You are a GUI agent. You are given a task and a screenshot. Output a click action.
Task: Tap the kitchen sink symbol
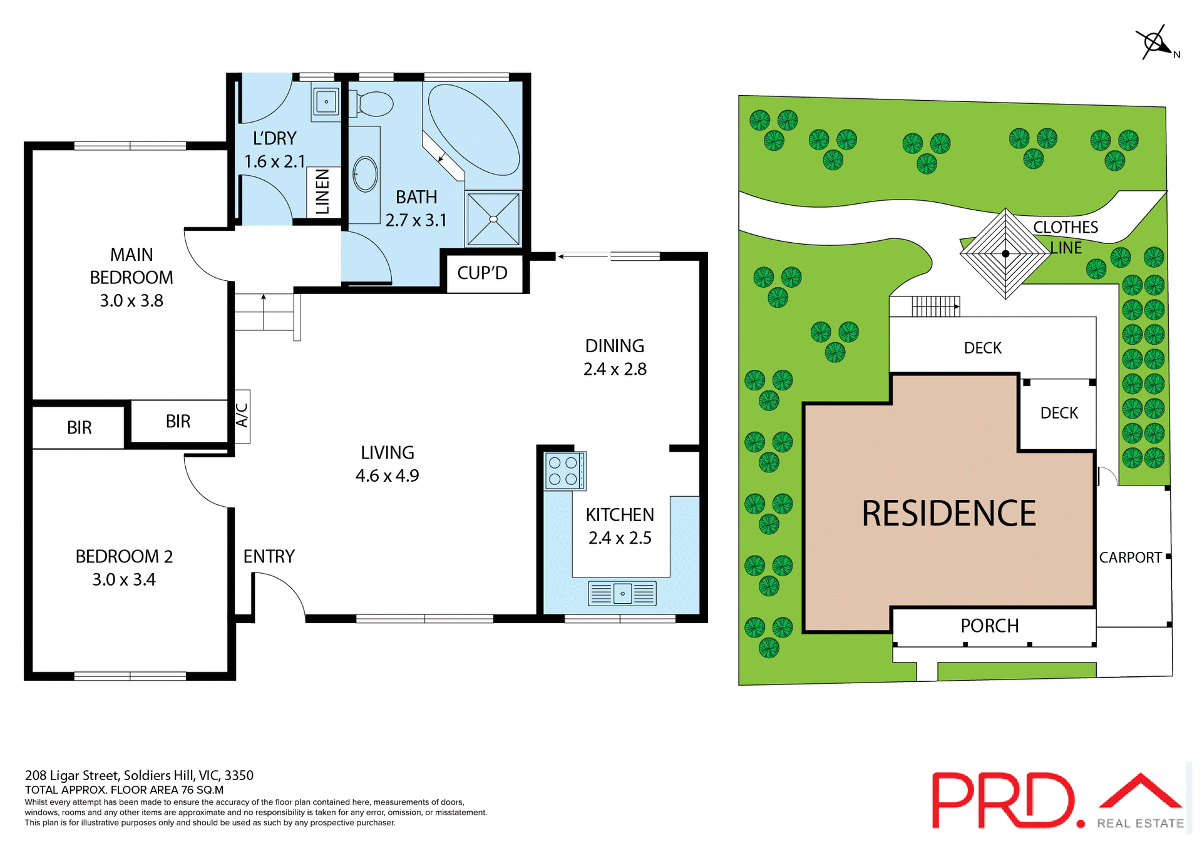pyautogui.click(x=622, y=592)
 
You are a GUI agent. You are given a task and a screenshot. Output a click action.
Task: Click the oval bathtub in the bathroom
pyautogui.click(x=474, y=129)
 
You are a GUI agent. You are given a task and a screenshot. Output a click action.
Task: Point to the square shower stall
pyautogui.click(x=493, y=219)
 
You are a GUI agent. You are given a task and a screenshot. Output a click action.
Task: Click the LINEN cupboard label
pyautogui.click(x=323, y=191)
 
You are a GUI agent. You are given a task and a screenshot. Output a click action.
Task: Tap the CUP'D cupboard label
pyautogui.click(x=482, y=273)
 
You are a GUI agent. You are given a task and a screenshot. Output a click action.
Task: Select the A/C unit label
pyautogui.click(x=242, y=415)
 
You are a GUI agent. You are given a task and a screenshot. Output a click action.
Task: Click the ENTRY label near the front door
pyautogui.click(x=269, y=556)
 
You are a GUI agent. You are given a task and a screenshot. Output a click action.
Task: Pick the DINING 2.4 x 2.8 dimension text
pyautogui.click(x=615, y=369)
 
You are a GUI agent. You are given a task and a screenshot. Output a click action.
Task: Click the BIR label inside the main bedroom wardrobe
pyautogui.click(x=178, y=422)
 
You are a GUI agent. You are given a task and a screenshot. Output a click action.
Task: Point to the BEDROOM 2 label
pyautogui.click(x=124, y=556)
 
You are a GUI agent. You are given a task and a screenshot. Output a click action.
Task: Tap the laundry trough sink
pyautogui.click(x=326, y=101)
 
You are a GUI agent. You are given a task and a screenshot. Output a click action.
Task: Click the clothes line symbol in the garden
pyautogui.click(x=1005, y=253)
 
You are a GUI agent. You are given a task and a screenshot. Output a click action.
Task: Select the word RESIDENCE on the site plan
pyautogui.click(x=948, y=514)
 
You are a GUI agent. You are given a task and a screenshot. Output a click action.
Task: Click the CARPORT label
pyautogui.click(x=1130, y=557)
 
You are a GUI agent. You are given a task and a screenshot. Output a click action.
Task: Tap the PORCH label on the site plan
pyautogui.click(x=989, y=626)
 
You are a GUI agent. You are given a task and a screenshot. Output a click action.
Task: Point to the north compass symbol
pyautogui.click(x=1154, y=43)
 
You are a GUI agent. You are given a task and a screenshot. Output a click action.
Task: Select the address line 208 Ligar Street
pyautogui.click(x=139, y=775)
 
